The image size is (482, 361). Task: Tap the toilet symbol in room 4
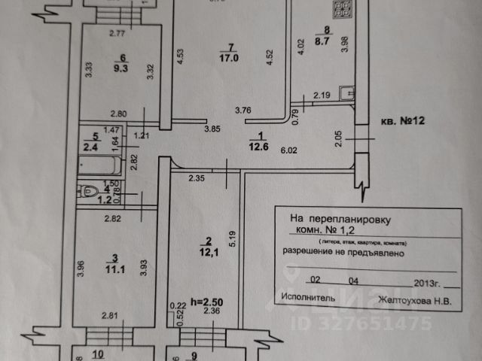85,192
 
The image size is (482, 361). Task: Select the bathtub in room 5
105,162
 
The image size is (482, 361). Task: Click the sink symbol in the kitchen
346,93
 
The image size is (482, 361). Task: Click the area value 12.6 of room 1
261,147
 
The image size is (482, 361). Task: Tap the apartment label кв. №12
405,120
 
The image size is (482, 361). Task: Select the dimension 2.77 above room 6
115,32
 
